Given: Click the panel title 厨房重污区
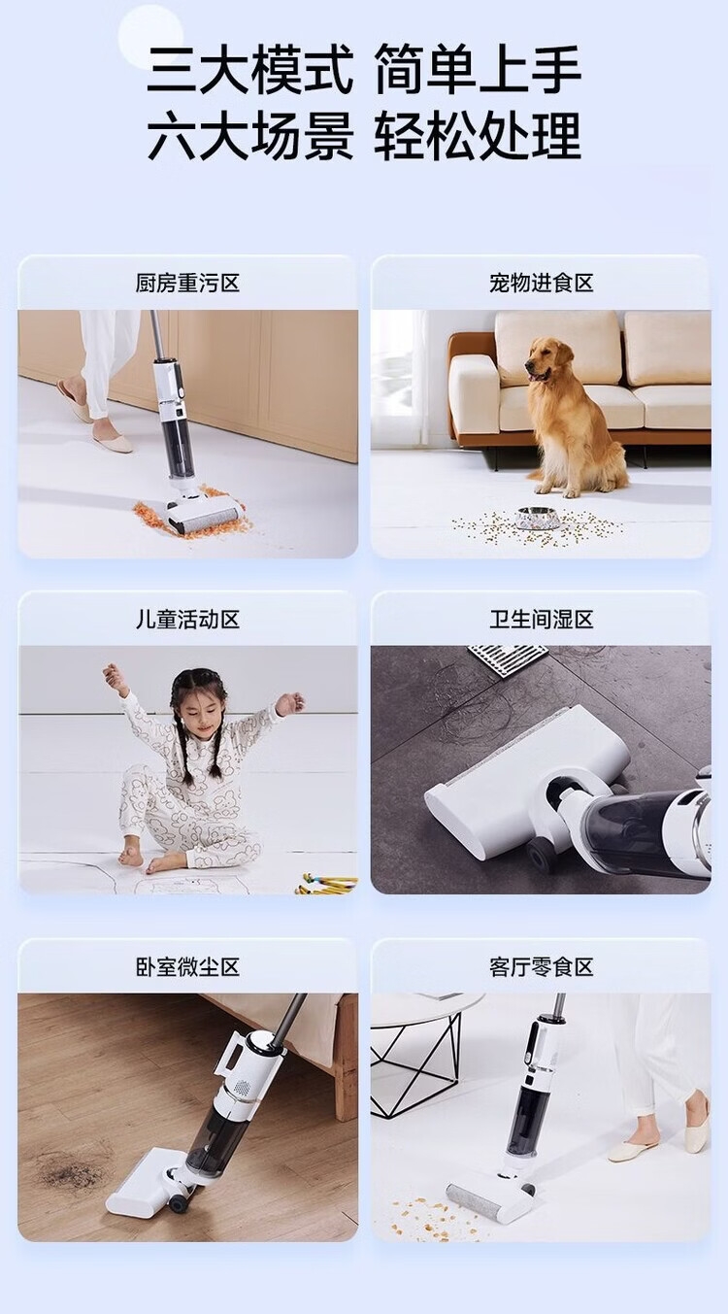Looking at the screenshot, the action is [x=187, y=284].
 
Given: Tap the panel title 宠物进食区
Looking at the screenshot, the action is [x=541, y=284].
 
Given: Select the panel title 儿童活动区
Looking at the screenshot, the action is [x=187, y=620].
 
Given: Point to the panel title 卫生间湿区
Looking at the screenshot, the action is [x=541, y=620].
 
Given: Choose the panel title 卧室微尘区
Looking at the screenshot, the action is [x=187, y=967].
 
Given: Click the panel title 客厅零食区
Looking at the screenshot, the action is [x=541, y=967].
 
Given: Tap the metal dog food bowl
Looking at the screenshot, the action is [x=538, y=518].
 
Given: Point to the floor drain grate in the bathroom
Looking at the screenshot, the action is [x=509, y=660].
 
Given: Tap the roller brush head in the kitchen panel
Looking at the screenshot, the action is [x=204, y=515].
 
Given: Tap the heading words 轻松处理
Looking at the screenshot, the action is [x=478, y=136].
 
